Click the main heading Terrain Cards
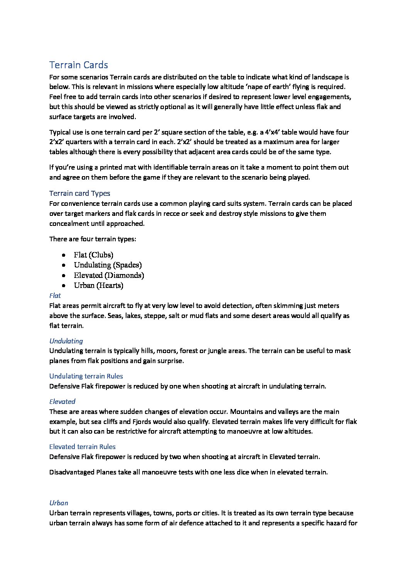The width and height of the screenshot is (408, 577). [x=79, y=65]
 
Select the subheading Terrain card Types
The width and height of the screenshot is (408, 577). [x=79, y=193]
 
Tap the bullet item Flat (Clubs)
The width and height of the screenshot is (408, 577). [x=93, y=255]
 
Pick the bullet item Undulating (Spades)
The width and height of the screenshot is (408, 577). [x=108, y=265]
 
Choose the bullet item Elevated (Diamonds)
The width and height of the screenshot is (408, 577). [x=109, y=275]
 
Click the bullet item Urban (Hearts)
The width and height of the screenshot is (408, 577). [x=98, y=285]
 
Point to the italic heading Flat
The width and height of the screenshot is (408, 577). [x=55, y=296]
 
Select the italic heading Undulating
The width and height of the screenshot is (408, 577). [x=66, y=341]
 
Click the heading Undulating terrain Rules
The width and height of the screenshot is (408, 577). [x=86, y=376]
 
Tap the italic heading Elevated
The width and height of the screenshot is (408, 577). [x=62, y=401]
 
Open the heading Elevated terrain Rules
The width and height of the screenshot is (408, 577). [x=82, y=446]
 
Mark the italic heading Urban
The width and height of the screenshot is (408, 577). [x=59, y=503]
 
